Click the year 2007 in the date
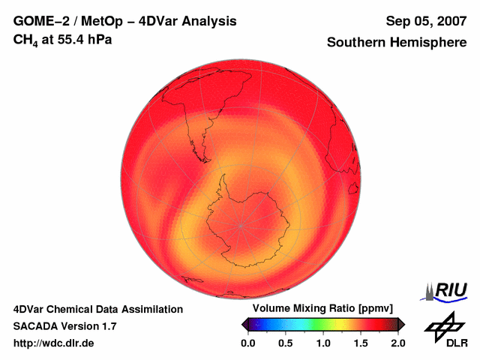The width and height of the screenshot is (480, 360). click(451, 21)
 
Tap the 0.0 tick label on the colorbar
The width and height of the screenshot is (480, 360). click(247, 343)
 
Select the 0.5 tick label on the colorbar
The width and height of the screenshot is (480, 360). click(285, 343)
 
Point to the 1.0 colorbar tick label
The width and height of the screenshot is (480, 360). click(323, 343)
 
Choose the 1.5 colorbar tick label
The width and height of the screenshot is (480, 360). click(361, 343)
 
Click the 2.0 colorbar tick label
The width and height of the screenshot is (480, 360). click(398, 343)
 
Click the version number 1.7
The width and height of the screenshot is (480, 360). click(108, 326)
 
